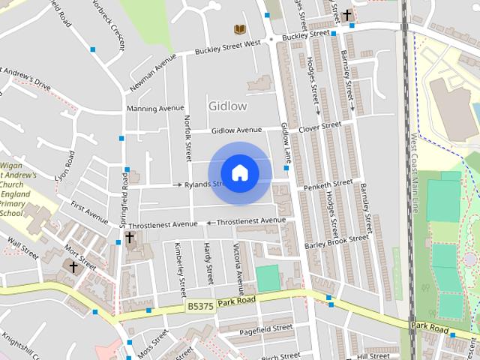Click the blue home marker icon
239,173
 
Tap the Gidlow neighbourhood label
228,106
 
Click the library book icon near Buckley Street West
239,29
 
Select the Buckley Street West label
227,47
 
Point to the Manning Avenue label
155,109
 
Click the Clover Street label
319,127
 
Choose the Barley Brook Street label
337,241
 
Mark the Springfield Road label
124,205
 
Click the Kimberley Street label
180,268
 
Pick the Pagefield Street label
265,328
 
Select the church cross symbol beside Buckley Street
347,14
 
